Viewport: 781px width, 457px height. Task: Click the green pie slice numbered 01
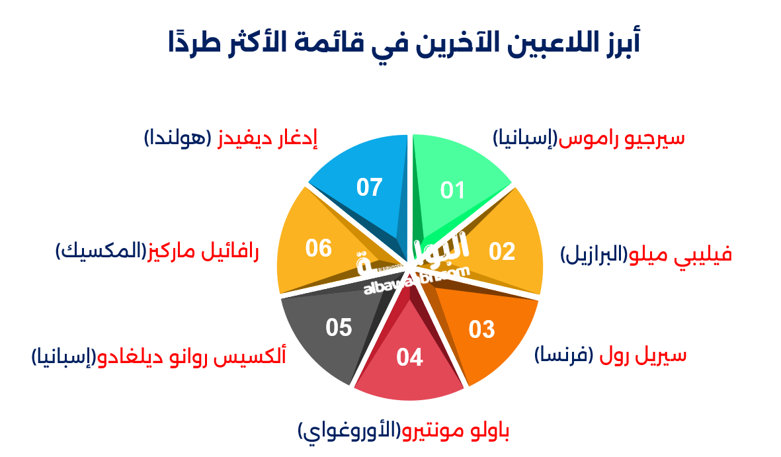point(456,182)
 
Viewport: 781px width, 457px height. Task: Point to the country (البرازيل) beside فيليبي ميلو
point(593,255)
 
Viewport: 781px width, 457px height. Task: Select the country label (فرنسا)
point(562,355)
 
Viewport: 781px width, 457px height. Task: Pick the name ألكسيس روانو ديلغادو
point(192,357)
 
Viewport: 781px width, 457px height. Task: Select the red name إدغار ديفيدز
point(268,138)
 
